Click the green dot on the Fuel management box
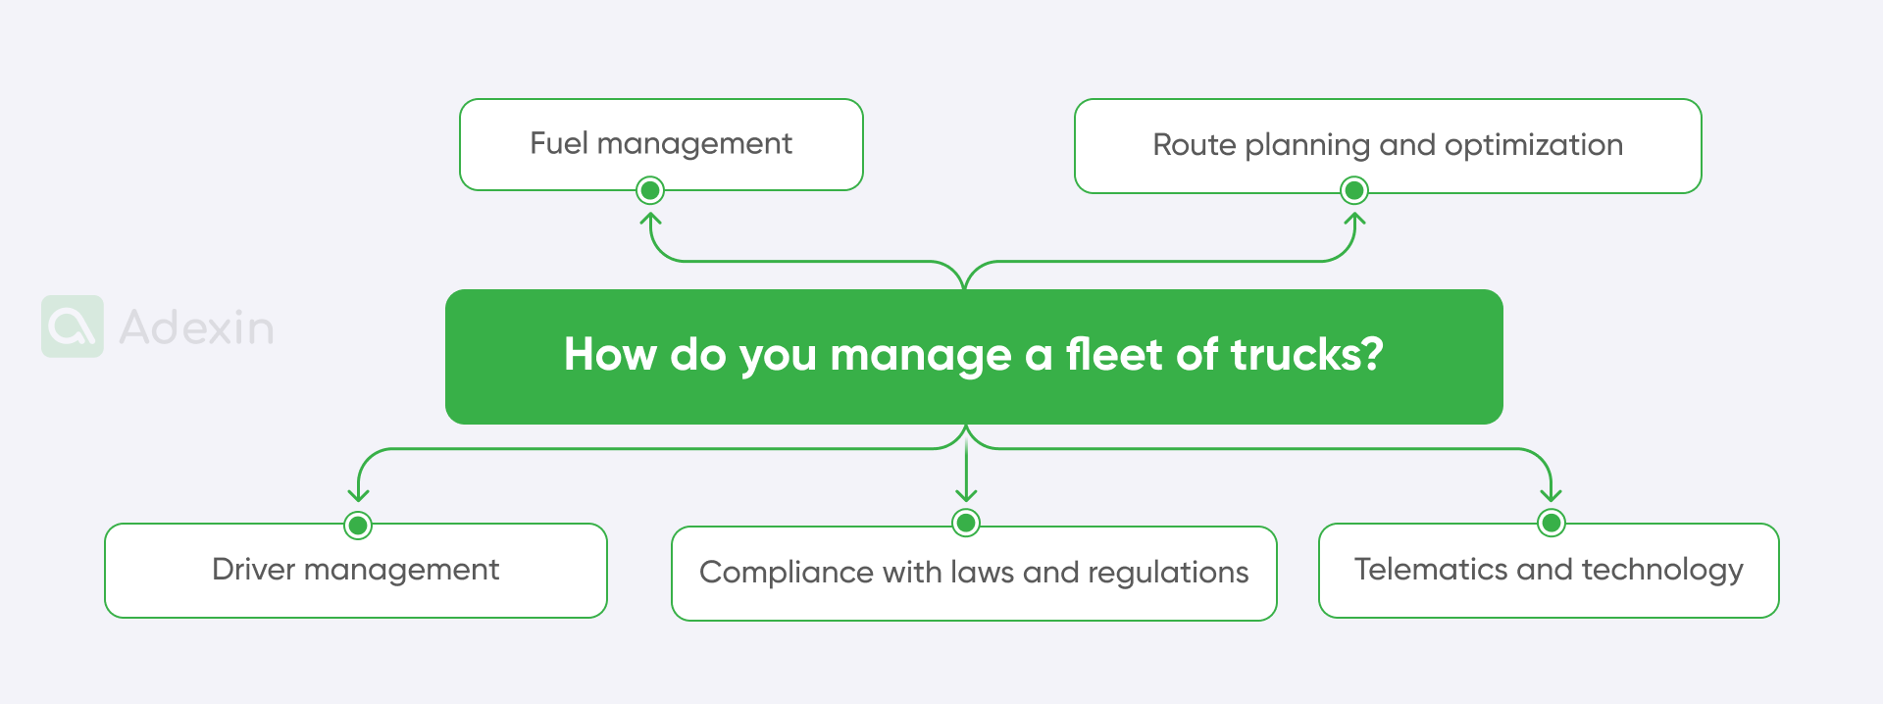(650, 190)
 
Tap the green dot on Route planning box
(1354, 190)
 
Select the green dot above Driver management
(358, 526)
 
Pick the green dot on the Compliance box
(966, 523)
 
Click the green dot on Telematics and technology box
(1552, 523)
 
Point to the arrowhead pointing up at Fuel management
(650, 219)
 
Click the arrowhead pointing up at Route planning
(1354, 219)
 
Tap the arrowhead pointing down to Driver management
(358, 496)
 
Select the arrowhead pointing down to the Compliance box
(966, 495)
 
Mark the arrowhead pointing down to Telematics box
(1552, 495)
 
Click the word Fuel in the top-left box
(559, 144)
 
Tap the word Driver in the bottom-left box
(253, 570)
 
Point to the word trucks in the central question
(1306, 355)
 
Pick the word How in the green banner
(609, 355)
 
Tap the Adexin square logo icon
(73, 327)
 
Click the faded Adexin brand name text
(196, 327)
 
